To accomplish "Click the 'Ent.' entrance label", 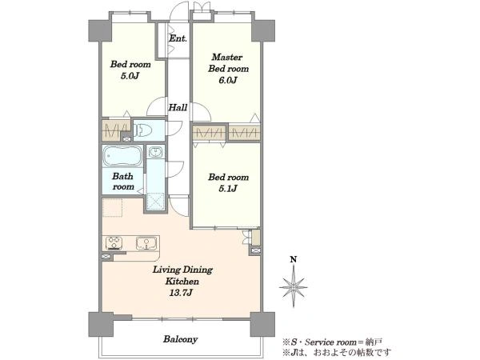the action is point(178,38).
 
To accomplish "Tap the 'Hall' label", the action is point(178,107).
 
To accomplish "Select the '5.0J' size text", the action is point(130,76).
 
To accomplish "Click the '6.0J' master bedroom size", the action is point(228,80).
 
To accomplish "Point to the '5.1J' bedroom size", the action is point(228,189).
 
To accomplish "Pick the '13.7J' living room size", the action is point(181,293).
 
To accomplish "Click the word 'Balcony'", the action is point(180,339).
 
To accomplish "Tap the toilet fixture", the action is point(143,130).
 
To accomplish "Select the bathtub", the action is point(122,156).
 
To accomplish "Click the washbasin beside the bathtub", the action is point(156,152).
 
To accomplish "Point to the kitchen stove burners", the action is point(114,243).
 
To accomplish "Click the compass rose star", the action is point(294,286).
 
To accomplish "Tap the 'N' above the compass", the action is point(294,260).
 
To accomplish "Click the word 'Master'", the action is point(227,58).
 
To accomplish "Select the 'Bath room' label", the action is point(123,182).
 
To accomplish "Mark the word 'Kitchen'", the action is point(182,282).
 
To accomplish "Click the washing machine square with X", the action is point(156,202).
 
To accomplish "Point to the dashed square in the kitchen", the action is point(112,208).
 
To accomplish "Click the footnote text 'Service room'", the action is point(331,342).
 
